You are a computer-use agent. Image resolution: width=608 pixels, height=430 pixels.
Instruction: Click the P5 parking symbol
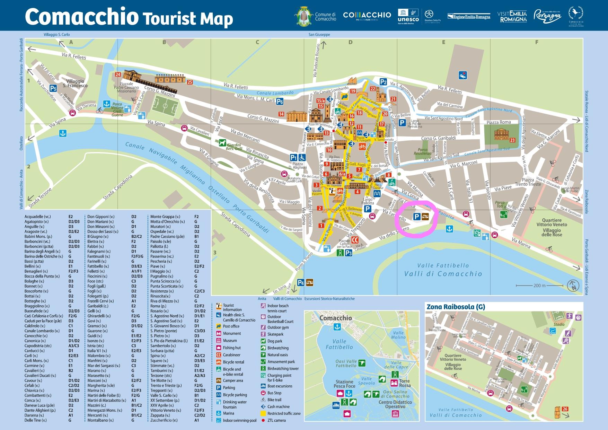click(53, 88)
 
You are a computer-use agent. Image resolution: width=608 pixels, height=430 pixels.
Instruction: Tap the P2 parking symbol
click(383, 82)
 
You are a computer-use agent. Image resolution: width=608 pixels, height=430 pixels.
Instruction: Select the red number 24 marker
click(118, 74)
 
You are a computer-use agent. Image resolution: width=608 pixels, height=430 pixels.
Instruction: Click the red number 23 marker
click(512, 140)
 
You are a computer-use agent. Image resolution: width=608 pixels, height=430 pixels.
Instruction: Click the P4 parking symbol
click(301, 282)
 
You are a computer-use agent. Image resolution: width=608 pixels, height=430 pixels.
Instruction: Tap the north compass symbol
click(573, 286)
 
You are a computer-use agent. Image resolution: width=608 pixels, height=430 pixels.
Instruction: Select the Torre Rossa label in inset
click(405, 383)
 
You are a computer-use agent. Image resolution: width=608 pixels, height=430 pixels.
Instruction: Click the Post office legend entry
click(231, 326)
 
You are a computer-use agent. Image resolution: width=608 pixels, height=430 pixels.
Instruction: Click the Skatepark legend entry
click(275, 334)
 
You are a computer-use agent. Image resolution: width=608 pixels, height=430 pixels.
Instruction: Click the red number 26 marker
click(565, 409)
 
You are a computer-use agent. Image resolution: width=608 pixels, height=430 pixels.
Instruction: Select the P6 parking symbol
click(280, 102)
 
